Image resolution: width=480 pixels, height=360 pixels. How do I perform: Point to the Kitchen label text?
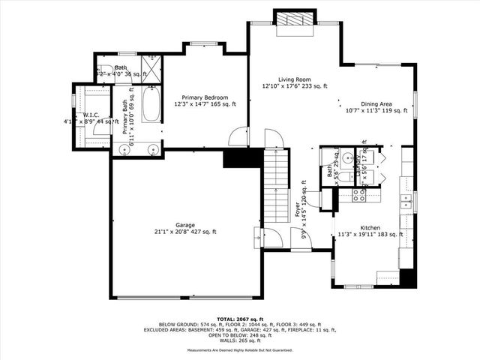point(370,227)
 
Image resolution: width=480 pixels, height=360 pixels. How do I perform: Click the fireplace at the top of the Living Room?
point(292,22)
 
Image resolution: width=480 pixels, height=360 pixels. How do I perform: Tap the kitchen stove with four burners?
point(359,195)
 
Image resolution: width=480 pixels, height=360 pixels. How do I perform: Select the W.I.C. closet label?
point(92,115)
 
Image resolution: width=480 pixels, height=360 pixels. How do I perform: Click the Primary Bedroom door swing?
point(239,137)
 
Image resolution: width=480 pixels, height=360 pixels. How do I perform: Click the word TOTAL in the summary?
point(229,319)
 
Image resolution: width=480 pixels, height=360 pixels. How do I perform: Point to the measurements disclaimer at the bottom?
point(240,350)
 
